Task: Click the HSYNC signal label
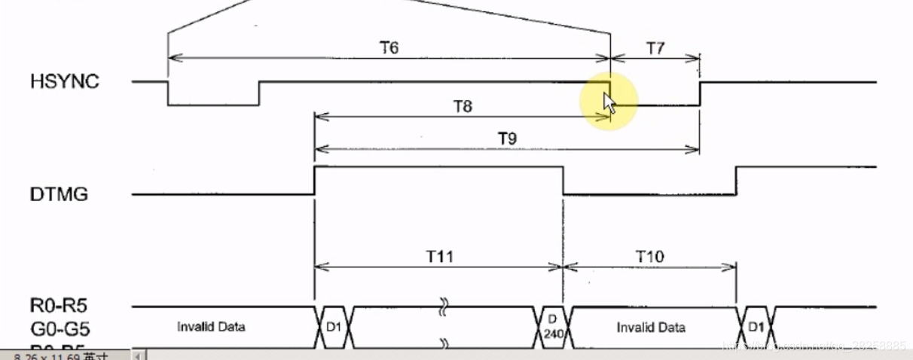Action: click(x=65, y=81)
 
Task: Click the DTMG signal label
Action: click(x=59, y=194)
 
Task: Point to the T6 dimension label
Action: click(x=389, y=47)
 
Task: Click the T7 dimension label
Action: click(x=655, y=47)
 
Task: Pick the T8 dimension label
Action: click(x=463, y=107)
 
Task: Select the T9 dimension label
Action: click(x=506, y=139)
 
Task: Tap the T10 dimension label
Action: click(x=649, y=256)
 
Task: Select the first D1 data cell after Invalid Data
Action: click(x=332, y=328)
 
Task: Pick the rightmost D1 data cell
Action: click(x=756, y=328)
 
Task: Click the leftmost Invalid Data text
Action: click(x=211, y=327)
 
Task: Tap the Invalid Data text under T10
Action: click(x=651, y=327)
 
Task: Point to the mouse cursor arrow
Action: click(x=609, y=101)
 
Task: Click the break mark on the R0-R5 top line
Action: click(x=444, y=308)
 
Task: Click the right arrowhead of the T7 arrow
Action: click(x=697, y=57)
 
